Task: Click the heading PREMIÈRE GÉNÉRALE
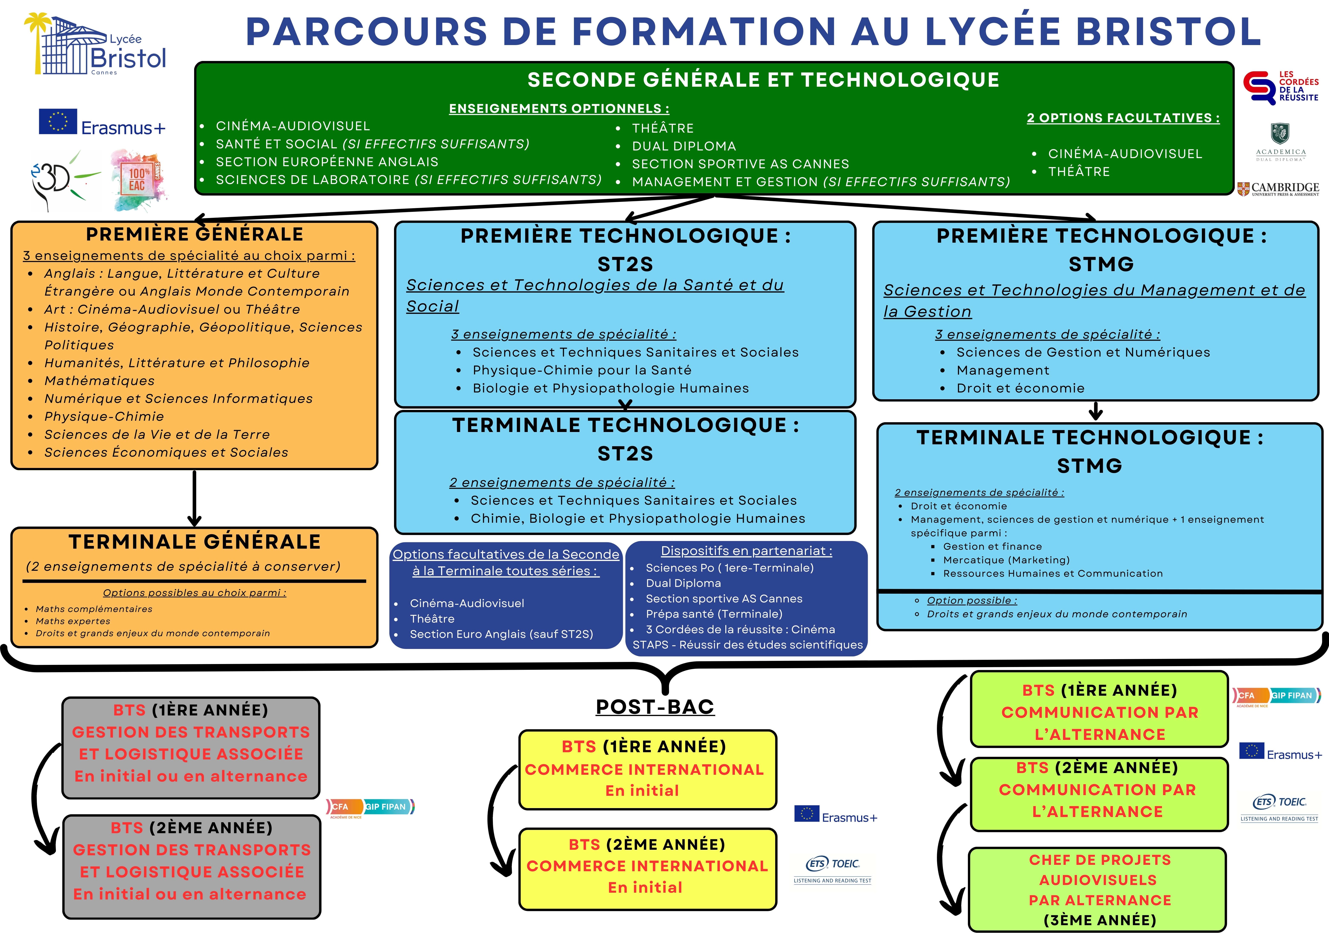tap(195, 234)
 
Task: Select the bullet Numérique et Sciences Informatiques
tap(178, 399)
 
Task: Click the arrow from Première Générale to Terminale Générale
tap(195, 498)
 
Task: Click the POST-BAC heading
tap(655, 706)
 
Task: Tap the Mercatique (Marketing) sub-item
tap(1006, 560)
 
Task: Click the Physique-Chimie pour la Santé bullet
tap(582, 370)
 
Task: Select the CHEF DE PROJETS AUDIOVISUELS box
tap(1098, 889)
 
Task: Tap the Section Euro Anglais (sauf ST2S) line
tap(501, 634)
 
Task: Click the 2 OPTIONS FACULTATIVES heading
tap(1123, 118)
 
